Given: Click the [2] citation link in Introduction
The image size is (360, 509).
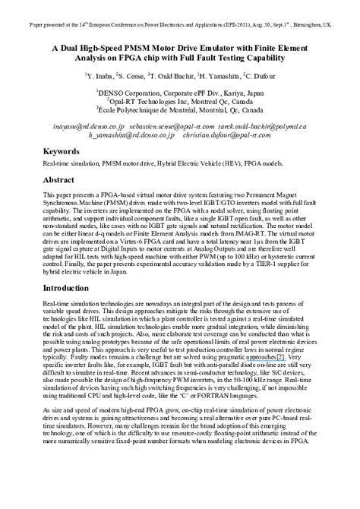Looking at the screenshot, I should tap(281, 356).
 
